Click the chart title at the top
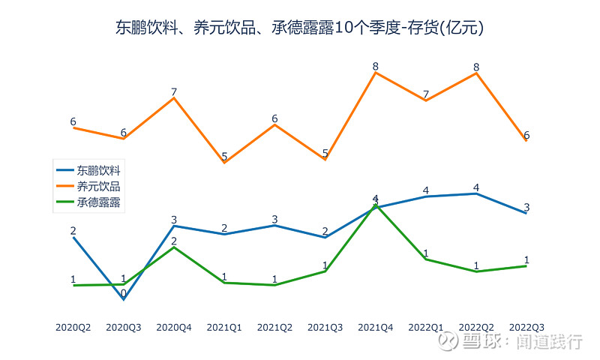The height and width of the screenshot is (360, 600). (300, 28)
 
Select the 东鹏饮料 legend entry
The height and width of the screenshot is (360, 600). (98, 170)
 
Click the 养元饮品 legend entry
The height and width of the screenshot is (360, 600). (98, 186)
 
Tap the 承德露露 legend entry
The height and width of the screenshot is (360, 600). (98, 202)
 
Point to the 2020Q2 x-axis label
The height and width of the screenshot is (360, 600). (73, 327)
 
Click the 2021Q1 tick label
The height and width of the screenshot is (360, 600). (224, 327)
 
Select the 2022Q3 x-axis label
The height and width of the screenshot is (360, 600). (526, 327)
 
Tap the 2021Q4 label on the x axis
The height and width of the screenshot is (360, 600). (376, 327)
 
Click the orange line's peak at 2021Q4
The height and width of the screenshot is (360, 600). (376, 73)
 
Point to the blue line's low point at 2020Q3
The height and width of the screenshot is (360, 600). (124, 300)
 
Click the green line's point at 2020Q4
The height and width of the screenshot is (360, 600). (174, 247)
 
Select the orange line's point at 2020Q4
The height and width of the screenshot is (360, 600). (174, 98)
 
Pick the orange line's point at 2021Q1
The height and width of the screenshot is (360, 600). (224, 163)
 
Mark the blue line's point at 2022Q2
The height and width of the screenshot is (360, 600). (476, 193)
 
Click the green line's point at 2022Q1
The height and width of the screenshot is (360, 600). (426, 259)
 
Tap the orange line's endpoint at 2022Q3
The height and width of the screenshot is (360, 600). (526, 140)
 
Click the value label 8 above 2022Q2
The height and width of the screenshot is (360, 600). (476, 67)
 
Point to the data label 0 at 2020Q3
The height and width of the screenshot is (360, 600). (124, 293)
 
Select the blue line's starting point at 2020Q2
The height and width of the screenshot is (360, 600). (73, 237)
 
